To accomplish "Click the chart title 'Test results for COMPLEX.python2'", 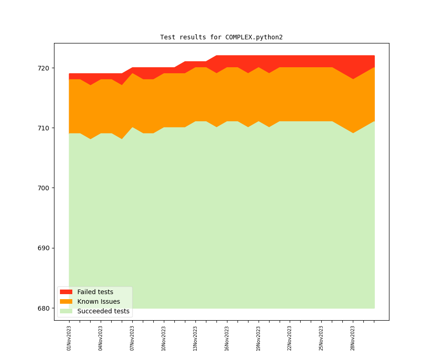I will [x=221, y=37].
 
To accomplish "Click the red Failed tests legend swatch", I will [x=66, y=292].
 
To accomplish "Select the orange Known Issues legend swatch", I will [x=66, y=301].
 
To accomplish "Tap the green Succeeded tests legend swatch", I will [x=66, y=311].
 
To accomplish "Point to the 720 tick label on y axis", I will [x=43, y=68].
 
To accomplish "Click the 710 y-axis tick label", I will [x=43, y=128].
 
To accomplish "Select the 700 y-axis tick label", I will [x=43, y=188].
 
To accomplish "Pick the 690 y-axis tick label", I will [x=43, y=248].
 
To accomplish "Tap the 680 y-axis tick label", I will [x=43, y=308].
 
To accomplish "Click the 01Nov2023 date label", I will [x=69, y=338].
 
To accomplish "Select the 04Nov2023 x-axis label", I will [x=101, y=338].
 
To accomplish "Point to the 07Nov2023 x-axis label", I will [x=132, y=338].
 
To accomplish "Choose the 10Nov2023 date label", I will [x=164, y=338].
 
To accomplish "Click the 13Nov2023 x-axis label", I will [x=195, y=338].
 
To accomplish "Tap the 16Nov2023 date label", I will [x=227, y=338].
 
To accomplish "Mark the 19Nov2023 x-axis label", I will [x=259, y=338].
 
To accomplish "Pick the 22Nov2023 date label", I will [x=290, y=338].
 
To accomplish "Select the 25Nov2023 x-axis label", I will [x=321, y=338].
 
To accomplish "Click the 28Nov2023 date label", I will [x=353, y=338].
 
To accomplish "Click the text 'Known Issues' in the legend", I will [x=98, y=301].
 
